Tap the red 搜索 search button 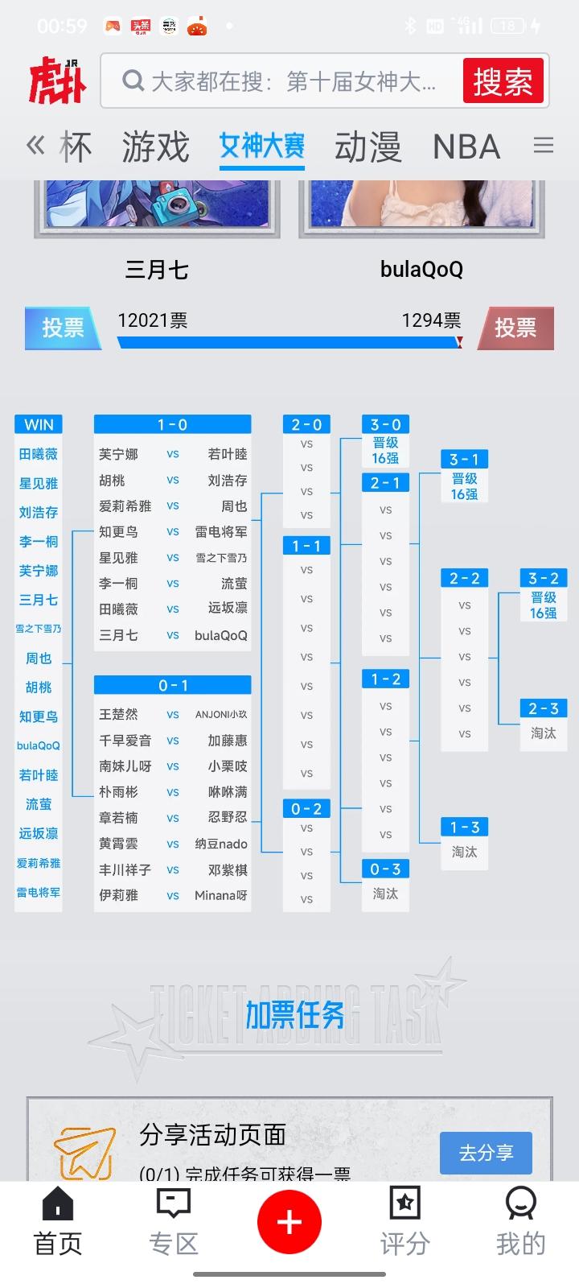click(503, 81)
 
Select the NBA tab click(466, 147)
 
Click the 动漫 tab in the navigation click(368, 147)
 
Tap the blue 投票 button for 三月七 click(63, 328)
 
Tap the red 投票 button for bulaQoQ click(515, 328)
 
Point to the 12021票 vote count click(152, 320)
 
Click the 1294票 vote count click(431, 320)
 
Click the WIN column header click(39, 424)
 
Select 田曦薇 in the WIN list click(39, 454)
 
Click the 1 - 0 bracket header click(172, 424)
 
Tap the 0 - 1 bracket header click(172, 685)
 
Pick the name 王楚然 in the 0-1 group click(118, 714)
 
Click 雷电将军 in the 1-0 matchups click(221, 531)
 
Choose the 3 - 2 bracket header click(544, 578)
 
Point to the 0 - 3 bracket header click(385, 869)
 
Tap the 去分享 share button click(486, 1153)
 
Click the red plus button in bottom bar click(289, 1223)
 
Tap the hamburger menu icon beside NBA click(544, 145)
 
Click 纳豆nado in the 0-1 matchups click(221, 844)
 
